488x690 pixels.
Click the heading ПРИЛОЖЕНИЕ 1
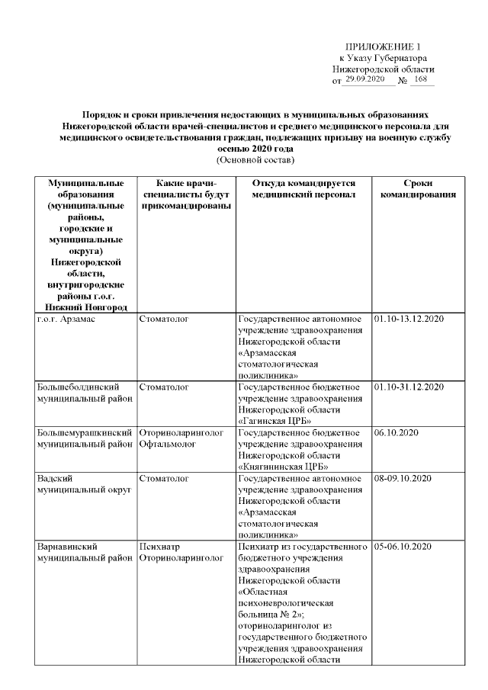tap(382, 47)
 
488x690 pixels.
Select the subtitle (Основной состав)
tap(255, 160)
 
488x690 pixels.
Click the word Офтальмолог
tap(167, 444)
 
